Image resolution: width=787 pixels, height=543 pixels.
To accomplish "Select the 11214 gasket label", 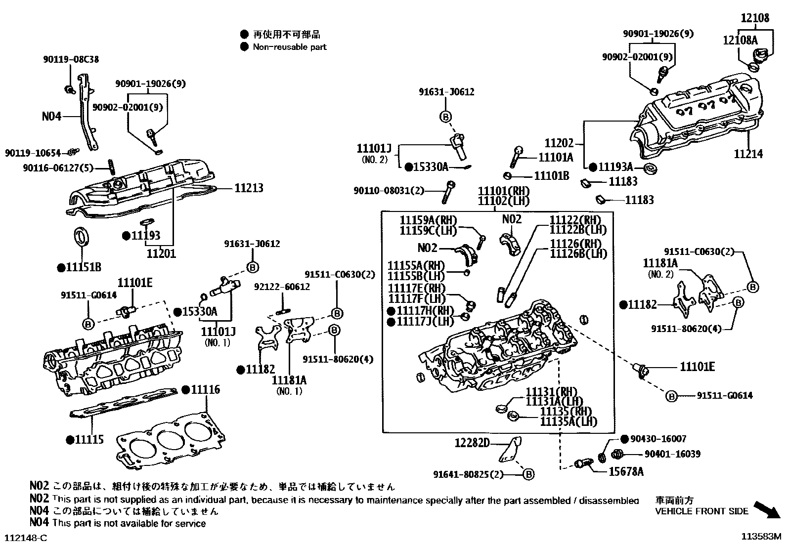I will pos(748,154).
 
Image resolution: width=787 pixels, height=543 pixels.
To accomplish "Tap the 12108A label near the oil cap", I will pos(740,40).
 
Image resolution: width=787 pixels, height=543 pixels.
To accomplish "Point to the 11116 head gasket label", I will pos(205,389).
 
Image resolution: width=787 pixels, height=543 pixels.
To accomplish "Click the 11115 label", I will pos(89,439).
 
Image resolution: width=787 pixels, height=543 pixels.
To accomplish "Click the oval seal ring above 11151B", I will pos(82,236).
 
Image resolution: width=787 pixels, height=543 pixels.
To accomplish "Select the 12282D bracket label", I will pos(472,443).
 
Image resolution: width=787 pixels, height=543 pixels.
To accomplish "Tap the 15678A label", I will pos(626,471).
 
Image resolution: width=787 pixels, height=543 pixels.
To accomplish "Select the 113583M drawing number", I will pos(760,536).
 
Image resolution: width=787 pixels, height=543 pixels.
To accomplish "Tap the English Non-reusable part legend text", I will pos(289,47).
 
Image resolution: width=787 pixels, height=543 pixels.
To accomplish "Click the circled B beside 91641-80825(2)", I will pos(528,474).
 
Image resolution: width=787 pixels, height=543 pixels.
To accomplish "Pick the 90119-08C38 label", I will pos(70,59).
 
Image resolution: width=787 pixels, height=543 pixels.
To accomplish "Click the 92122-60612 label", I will pos(282,287).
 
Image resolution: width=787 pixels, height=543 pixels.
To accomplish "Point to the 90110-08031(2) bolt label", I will pos(389,190).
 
